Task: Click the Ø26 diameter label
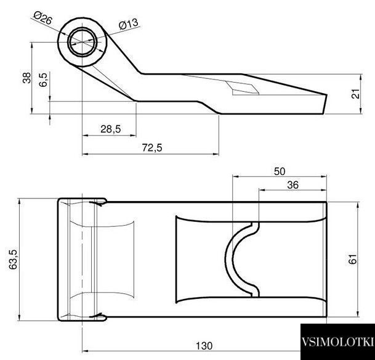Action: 42,18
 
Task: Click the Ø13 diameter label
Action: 129,24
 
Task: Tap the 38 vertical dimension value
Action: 27,78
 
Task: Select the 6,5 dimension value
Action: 43,80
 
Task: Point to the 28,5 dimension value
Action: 111,129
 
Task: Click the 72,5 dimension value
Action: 152,148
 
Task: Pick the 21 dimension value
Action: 356,94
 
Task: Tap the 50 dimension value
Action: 280,171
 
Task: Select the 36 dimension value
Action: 292,185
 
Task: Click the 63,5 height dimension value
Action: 14,260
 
